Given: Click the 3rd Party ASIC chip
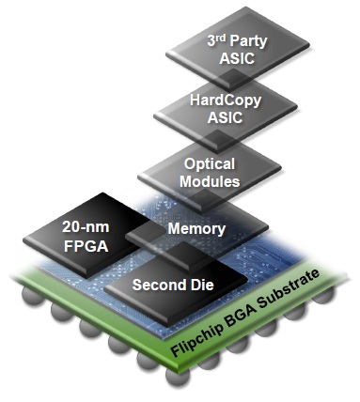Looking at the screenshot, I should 236,49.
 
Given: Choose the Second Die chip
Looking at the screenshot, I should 176,285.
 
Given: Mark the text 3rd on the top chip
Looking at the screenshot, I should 218,41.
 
